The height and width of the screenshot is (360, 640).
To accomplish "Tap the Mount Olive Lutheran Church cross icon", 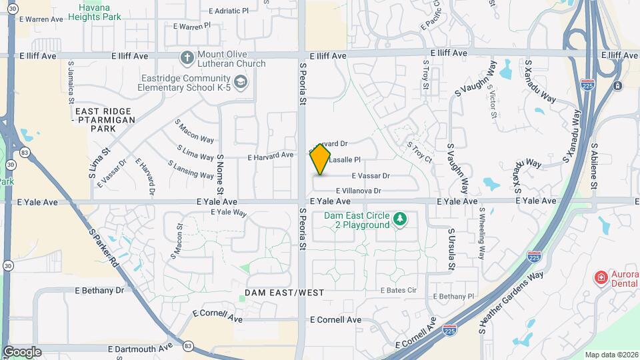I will pos(187,58).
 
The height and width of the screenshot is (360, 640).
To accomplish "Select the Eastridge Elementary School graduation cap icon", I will pos(241,83).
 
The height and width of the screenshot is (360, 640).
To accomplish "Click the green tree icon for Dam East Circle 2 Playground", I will pos(400,219).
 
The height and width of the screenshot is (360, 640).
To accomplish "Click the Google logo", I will pos(22,352).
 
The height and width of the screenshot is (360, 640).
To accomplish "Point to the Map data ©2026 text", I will pos(612,355).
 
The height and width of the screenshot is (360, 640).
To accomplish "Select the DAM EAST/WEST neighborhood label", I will pos(284,293).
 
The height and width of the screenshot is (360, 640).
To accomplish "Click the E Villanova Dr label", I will pos(358,191).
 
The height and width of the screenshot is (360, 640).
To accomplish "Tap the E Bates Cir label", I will pos(399,290).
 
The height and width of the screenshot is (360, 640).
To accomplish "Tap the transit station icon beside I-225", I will pos(617,85).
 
